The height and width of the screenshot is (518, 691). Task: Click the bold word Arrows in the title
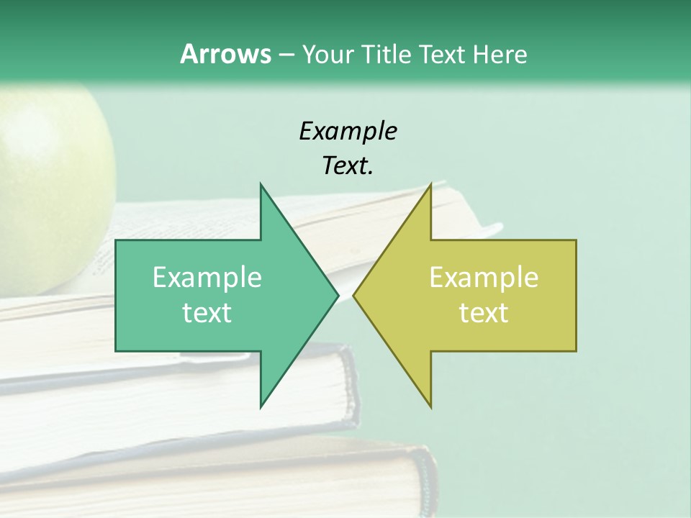point(225,54)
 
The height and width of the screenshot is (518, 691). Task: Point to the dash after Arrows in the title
point(286,55)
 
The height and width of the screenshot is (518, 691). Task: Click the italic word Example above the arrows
point(348,132)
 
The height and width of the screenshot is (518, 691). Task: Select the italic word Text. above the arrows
point(348,166)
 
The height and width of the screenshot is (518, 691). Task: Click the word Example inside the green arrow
point(207,278)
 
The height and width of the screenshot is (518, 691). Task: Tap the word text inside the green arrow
point(207,313)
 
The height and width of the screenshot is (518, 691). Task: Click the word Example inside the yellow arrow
point(484,278)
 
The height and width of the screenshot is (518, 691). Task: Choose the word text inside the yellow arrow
point(484,313)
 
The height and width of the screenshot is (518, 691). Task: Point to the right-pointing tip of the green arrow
point(337,295)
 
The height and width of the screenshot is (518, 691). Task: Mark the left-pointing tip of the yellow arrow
point(355,295)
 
